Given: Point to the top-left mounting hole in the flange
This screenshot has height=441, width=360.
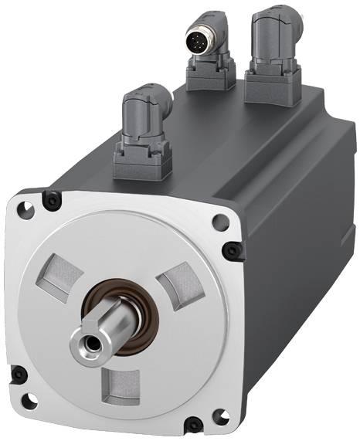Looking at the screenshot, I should [x=28, y=209].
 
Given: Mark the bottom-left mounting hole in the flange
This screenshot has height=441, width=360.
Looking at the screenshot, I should [x=29, y=401].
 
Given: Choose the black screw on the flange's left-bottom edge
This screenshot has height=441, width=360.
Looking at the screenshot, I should [x=19, y=375].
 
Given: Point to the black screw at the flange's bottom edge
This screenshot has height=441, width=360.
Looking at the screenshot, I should [x=192, y=422].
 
